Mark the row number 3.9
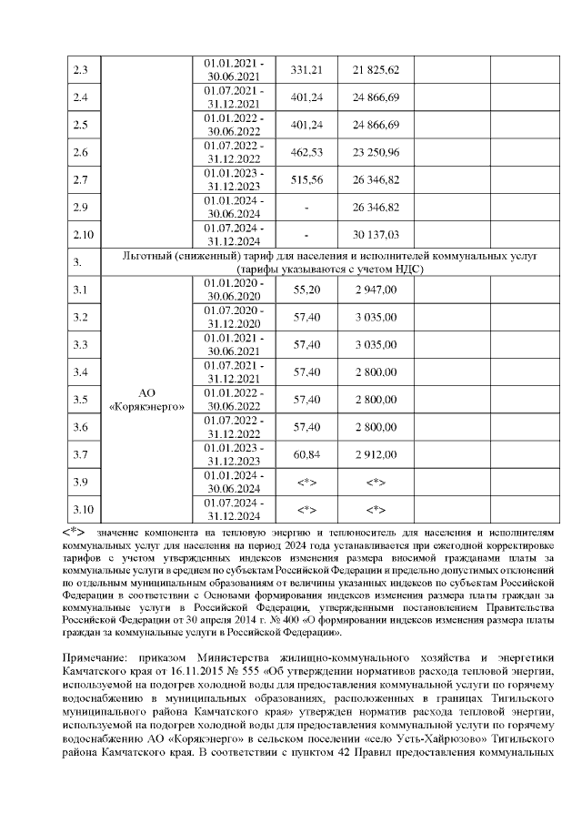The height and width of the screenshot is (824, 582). pos(82,481)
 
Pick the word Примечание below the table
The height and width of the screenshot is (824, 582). pos(95,656)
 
